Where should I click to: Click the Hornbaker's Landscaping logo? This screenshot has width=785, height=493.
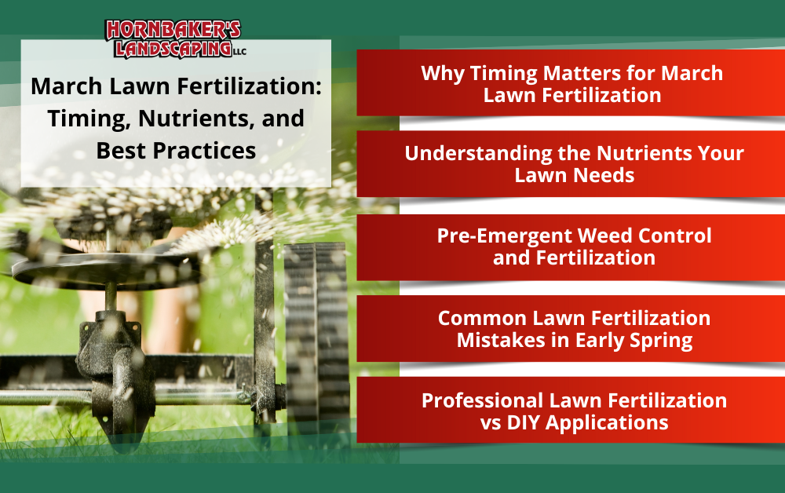175,39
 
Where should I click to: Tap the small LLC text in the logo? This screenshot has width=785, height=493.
239,52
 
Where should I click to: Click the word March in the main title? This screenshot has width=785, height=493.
67,86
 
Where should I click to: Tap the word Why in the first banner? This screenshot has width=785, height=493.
443,74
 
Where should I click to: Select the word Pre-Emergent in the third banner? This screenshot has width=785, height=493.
505,236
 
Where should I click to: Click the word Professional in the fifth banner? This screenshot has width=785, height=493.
482,400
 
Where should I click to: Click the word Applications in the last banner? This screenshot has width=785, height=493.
607,423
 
